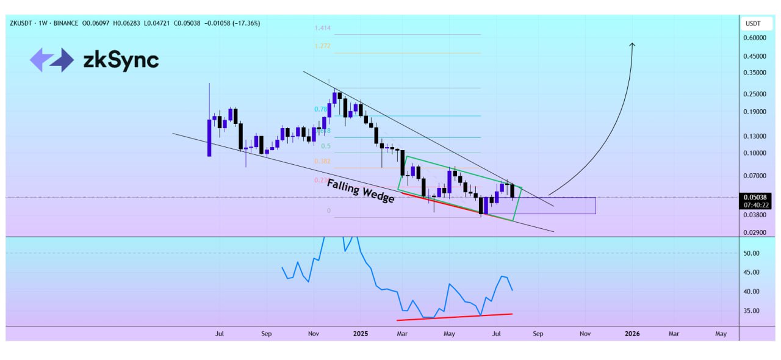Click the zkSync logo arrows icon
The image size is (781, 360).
click(52, 60)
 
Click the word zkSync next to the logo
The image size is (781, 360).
click(121, 60)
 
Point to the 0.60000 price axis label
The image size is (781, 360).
click(754, 38)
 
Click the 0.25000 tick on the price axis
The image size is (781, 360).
click(754, 94)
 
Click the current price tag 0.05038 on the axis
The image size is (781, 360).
click(755, 197)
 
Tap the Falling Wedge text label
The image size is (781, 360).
click(360, 191)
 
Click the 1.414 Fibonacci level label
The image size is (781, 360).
click(322, 28)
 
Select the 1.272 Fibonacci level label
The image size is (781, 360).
click(322, 46)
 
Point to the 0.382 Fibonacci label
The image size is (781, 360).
click(322, 161)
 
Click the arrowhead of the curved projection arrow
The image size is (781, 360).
click(632, 45)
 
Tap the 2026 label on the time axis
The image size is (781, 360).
click(632, 334)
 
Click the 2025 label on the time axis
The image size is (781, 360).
click(360, 334)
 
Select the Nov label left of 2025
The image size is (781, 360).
click(314, 334)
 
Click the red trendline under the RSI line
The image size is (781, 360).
click(454, 317)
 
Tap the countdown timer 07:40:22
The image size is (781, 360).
click(755, 205)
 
